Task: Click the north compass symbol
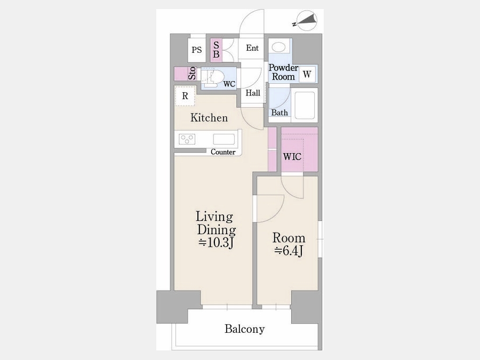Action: [x=307, y=21]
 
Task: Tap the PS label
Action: [x=197, y=50]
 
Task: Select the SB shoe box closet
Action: [x=216, y=50]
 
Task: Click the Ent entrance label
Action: [x=252, y=48]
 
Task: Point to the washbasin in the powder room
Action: [x=278, y=47]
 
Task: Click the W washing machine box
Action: [x=307, y=74]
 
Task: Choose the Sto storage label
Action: [x=192, y=74]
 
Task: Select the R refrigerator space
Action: [x=185, y=96]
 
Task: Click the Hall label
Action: [x=253, y=93]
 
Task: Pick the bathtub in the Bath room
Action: [x=305, y=105]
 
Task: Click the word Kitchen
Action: [x=209, y=117]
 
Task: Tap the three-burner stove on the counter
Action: [x=187, y=139]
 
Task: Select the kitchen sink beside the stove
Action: [x=224, y=139]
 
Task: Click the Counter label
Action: [x=223, y=152]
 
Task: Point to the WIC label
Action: [x=292, y=157]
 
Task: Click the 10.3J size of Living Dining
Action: [x=217, y=243]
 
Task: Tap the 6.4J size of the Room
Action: [x=289, y=251]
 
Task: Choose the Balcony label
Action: [x=245, y=329]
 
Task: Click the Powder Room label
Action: [x=283, y=72]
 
